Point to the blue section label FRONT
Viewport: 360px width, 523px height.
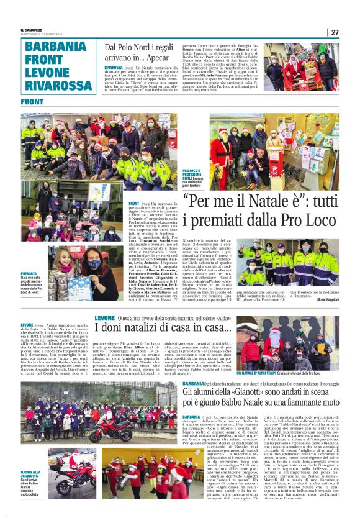click(32, 101)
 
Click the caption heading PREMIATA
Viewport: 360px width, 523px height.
click(29, 273)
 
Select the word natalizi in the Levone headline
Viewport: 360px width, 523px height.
click(141, 327)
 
